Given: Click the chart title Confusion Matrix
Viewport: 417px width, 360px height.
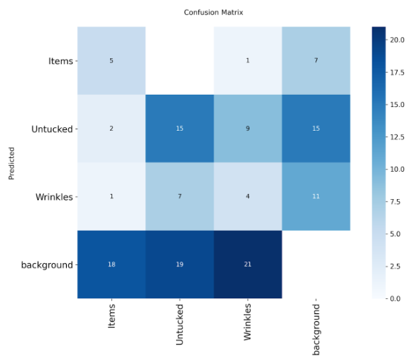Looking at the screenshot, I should (214, 12).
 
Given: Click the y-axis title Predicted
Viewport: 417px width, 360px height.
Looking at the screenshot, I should (12, 162).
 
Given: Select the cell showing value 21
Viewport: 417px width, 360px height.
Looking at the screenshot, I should (247, 264).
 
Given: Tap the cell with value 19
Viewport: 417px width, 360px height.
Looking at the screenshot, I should (179, 264).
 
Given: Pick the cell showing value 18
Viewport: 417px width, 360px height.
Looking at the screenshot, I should (111, 264).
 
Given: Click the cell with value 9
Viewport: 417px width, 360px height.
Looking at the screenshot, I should (247, 129).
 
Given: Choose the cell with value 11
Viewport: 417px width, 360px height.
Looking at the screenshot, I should (316, 196).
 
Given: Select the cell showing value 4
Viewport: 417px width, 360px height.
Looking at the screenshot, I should (247, 196).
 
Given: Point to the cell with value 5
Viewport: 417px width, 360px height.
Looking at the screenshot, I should (111, 61).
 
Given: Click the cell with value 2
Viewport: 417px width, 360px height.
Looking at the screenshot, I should (111, 129).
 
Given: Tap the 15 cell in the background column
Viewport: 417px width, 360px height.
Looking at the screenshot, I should (316, 129).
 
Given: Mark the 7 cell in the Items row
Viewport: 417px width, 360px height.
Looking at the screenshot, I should (316, 61).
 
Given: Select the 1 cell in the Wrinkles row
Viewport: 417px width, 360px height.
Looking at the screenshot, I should (111, 196).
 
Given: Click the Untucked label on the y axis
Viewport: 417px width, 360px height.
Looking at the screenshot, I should (52, 129).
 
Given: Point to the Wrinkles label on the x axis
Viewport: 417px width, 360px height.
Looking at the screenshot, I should (248, 323).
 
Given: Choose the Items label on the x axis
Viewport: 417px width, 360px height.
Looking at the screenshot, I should (111, 315).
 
